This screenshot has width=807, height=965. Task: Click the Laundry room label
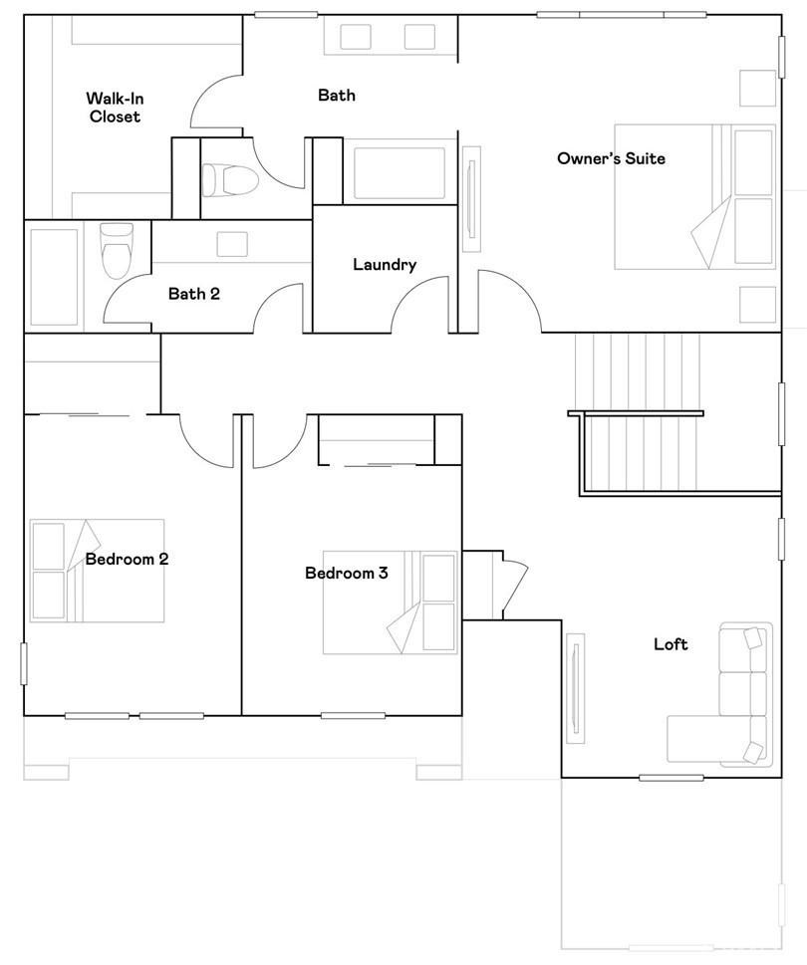(x=385, y=265)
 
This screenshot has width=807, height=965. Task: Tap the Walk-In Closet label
(x=116, y=108)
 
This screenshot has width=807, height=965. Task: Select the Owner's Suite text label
(x=612, y=158)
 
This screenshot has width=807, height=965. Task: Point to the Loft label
(x=671, y=643)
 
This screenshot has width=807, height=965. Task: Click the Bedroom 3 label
(x=347, y=573)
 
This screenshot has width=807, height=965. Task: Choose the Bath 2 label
(x=194, y=294)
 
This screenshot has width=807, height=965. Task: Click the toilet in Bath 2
(x=117, y=251)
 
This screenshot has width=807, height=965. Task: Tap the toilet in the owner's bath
(x=229, y=179)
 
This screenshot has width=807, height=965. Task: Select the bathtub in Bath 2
(x=54, y=277)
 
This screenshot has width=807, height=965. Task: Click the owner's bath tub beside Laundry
(x=400, y=173)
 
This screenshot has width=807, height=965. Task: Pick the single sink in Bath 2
(x=232, y=244)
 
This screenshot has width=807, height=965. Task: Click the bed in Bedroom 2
(x=97, y=571)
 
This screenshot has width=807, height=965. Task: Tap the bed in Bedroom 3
(x=391, y=602)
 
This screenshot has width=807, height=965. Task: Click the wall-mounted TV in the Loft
(x=576, y=688)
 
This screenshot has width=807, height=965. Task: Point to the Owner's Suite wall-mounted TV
(x=472, y=199)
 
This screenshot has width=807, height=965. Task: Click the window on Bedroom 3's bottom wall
(x=354, y=715)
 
